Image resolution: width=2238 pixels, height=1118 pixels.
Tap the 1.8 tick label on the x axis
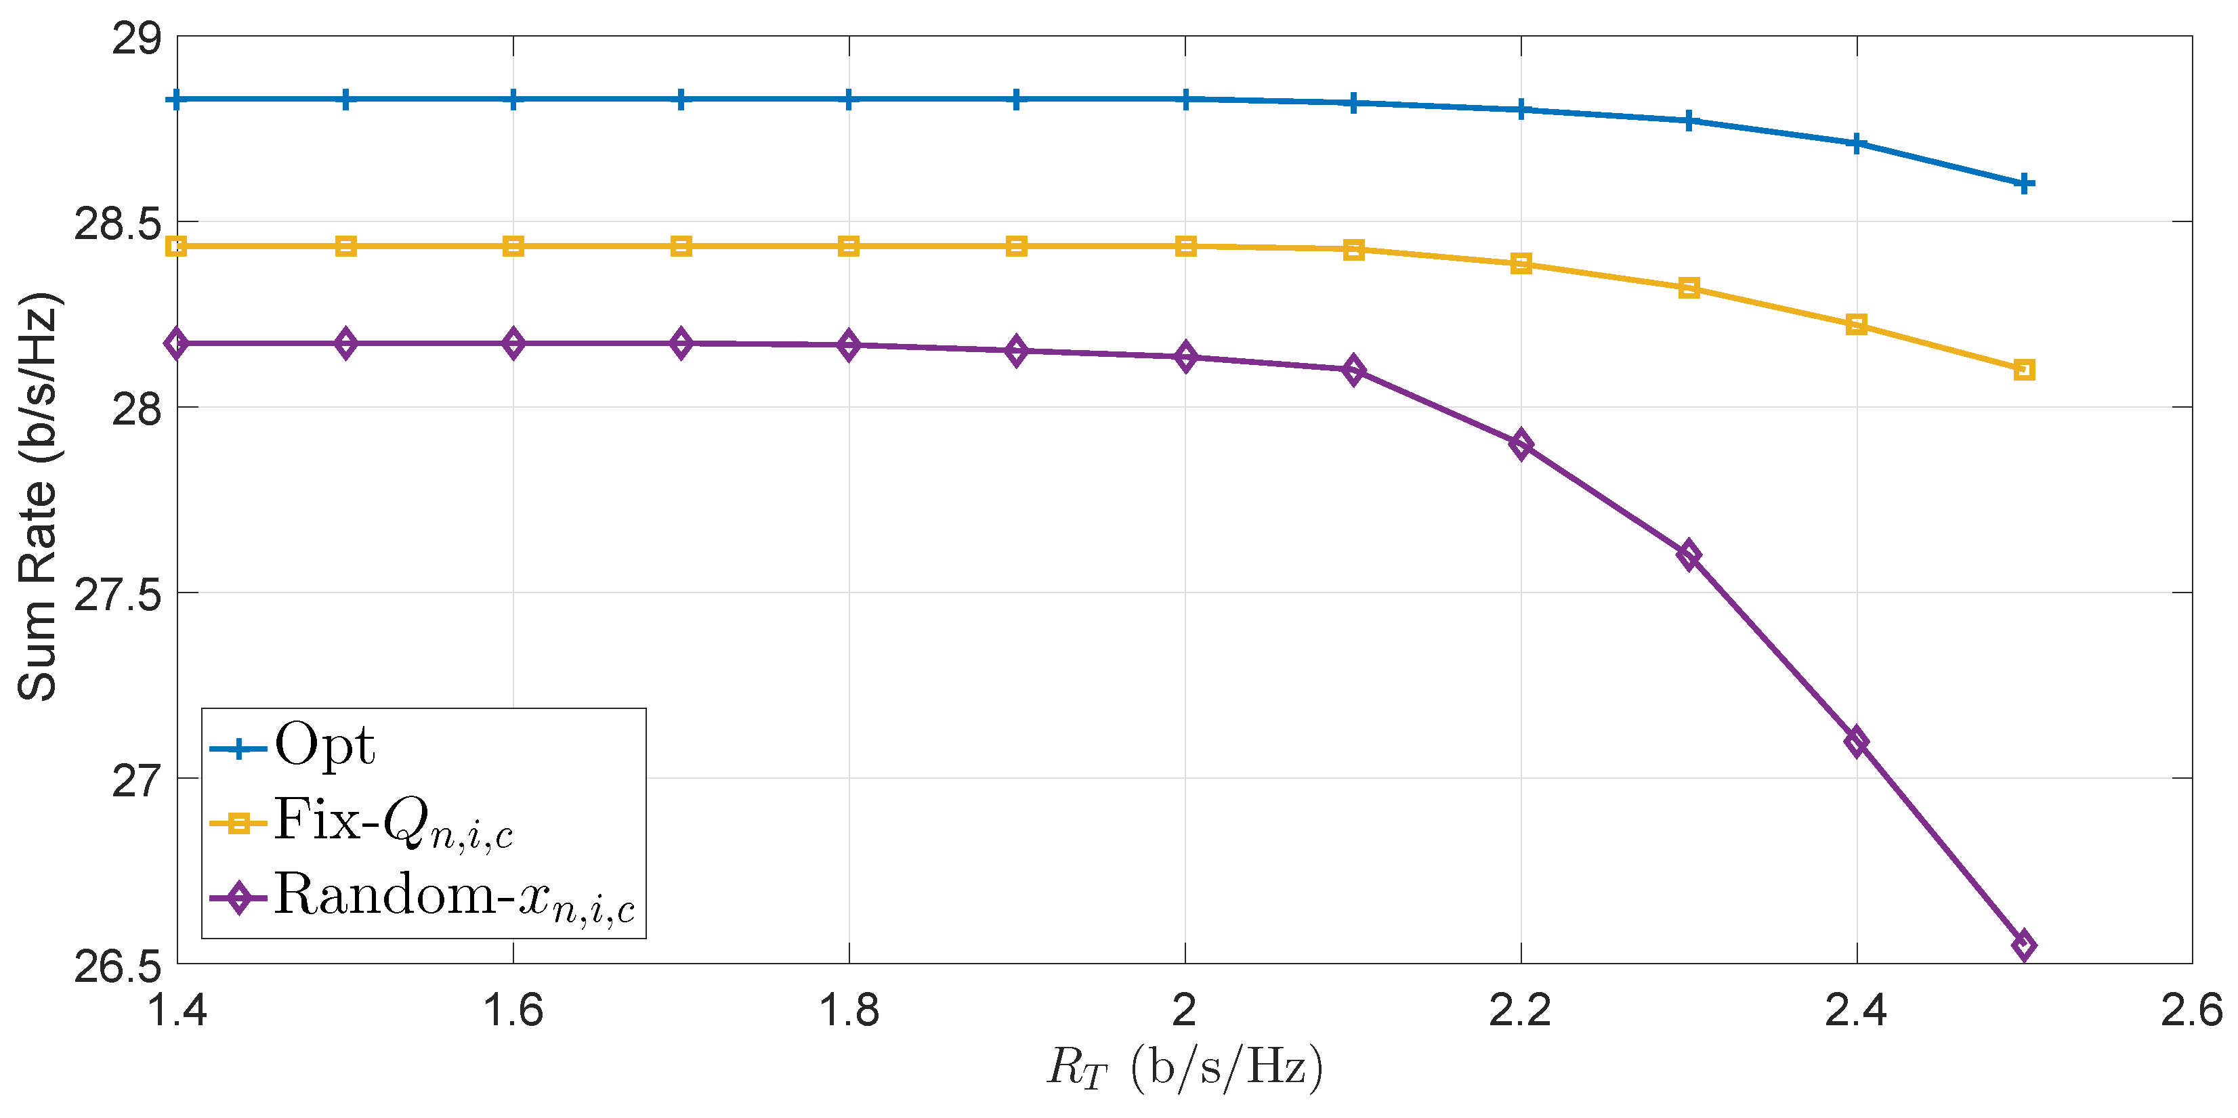pos(849,1010)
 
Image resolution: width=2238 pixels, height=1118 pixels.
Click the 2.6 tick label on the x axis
pos(2191,1010)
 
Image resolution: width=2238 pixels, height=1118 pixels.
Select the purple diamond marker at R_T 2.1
pos(1353,371)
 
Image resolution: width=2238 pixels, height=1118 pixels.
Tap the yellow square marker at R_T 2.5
pos(2024,370)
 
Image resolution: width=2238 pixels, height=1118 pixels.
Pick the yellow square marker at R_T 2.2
pos(1521,263)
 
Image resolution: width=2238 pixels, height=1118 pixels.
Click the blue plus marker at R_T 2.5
pos(2024,184)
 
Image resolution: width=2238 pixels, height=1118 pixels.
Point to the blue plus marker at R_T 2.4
pos(1857,144)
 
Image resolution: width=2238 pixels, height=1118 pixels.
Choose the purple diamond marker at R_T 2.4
pos(1857,742)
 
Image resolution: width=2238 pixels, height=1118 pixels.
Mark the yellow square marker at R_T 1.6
pos(513,246)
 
